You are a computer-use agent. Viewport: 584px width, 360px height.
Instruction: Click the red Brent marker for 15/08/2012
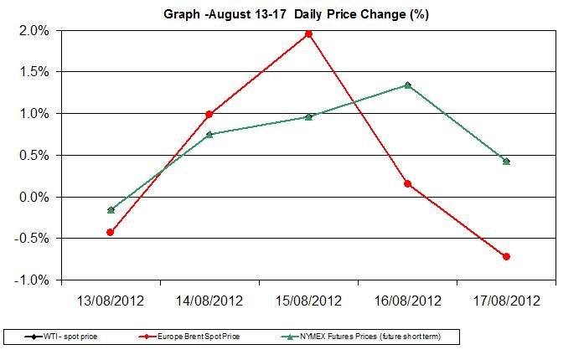point(308,33)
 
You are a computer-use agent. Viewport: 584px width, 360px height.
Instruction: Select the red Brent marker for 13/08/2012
point(110,232)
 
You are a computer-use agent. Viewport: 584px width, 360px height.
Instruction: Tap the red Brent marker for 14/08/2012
point(209,114)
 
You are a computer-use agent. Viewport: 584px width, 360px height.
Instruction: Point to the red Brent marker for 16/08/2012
point(407,183)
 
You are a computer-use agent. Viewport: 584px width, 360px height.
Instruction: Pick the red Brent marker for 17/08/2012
point(506,256)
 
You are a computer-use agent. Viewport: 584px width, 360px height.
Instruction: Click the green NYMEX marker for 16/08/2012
point(407,85)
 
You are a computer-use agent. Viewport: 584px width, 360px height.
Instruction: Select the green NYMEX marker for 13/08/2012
point(110,209)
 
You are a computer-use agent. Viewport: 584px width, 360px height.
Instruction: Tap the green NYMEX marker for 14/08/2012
point(209,134)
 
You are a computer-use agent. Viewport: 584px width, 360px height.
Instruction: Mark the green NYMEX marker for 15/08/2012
point(308,116)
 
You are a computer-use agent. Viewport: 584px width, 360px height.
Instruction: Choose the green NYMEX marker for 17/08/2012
point(506,161)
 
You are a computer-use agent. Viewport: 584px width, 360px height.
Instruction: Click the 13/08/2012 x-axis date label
point(110,300)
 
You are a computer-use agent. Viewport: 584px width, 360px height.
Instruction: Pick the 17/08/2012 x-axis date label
point(506,300)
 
